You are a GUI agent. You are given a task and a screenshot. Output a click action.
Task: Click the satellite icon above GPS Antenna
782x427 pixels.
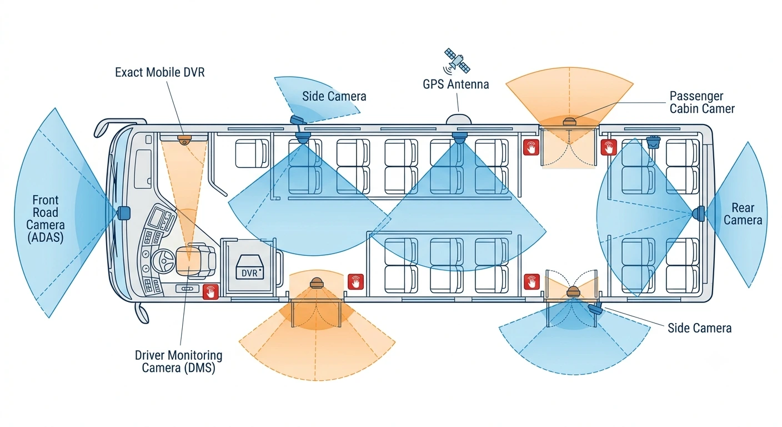pos(457,61)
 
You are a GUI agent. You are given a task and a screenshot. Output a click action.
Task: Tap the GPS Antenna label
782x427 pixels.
pos(455,84)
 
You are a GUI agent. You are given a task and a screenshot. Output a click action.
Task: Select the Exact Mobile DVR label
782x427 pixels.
pos(159,72)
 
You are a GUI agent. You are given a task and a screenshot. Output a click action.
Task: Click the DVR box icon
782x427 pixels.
pos(249,267)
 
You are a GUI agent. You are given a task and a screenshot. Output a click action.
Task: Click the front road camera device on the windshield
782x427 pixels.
pos(123,213)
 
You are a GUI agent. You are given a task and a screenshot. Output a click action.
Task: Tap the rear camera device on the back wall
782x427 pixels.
pos(699,213)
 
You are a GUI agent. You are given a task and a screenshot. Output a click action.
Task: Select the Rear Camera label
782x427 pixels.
pos(743,214)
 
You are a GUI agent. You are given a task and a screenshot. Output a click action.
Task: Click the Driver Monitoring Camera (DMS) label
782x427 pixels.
pos(178,361)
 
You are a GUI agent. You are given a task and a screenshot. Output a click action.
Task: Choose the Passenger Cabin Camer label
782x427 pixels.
pos(702,102)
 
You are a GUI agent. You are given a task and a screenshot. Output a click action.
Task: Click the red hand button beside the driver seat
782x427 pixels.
pos(210,292)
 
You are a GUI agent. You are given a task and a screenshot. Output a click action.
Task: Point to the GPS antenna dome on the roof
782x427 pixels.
pos(459,119)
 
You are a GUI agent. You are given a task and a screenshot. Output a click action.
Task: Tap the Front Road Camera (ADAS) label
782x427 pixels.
pos(46,219)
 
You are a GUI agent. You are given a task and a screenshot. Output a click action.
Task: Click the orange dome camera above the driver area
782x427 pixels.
pos(184,141)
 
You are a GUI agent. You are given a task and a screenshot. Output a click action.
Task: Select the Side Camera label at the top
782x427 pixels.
pos(334,96)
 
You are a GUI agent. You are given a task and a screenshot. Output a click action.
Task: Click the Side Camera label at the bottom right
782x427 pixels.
pos(699,328)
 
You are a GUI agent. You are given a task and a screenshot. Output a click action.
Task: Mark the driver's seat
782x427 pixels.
pos(195,260)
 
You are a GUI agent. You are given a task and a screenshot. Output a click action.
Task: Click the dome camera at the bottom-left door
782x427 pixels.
pos(316,282)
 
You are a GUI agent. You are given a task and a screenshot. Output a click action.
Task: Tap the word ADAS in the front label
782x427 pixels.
pos(46,237)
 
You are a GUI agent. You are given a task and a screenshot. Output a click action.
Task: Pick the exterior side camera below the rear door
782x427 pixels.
pos(595,309)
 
